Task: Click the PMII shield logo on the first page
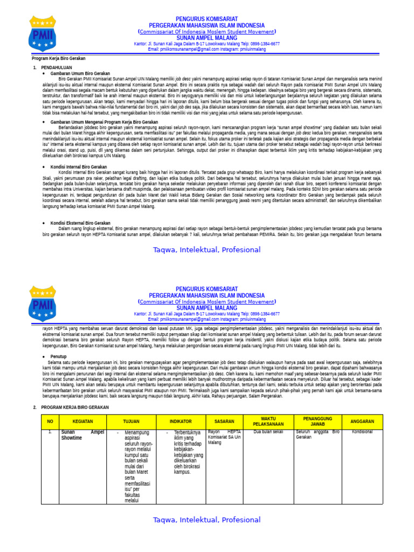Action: click(42, 33)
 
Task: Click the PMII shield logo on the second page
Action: click(42, 303)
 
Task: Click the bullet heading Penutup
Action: click(59, 357)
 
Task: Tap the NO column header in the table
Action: click(50, 421)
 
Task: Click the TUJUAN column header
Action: click(130, 421)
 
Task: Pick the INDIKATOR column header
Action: click(181, 421)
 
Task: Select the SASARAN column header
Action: click(228, 421)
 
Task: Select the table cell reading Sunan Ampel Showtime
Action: click(82, 434)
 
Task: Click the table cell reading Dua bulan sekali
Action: click(268, 432)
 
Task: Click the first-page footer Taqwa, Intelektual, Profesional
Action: click(206, 250)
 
